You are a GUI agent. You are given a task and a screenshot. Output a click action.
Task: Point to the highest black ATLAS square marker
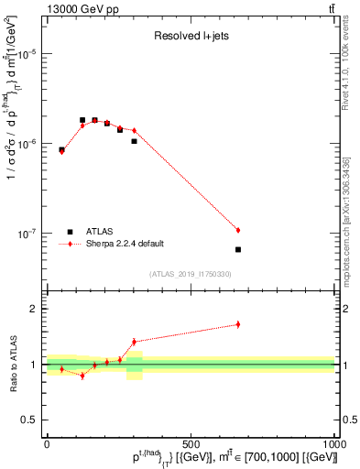pyautogui.click(x=82, y=120)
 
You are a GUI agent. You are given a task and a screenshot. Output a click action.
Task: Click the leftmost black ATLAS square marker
pyautogui.click(x=61, y=149)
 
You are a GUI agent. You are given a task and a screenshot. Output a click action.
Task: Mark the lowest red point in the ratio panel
pyautogui.click(x=82, y=376)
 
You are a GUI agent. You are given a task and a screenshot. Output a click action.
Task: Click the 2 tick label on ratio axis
pyautogui.click(x=35, y=309)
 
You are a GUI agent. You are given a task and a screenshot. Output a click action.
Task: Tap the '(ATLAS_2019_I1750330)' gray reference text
pyautogui.click(x=190, y=274)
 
